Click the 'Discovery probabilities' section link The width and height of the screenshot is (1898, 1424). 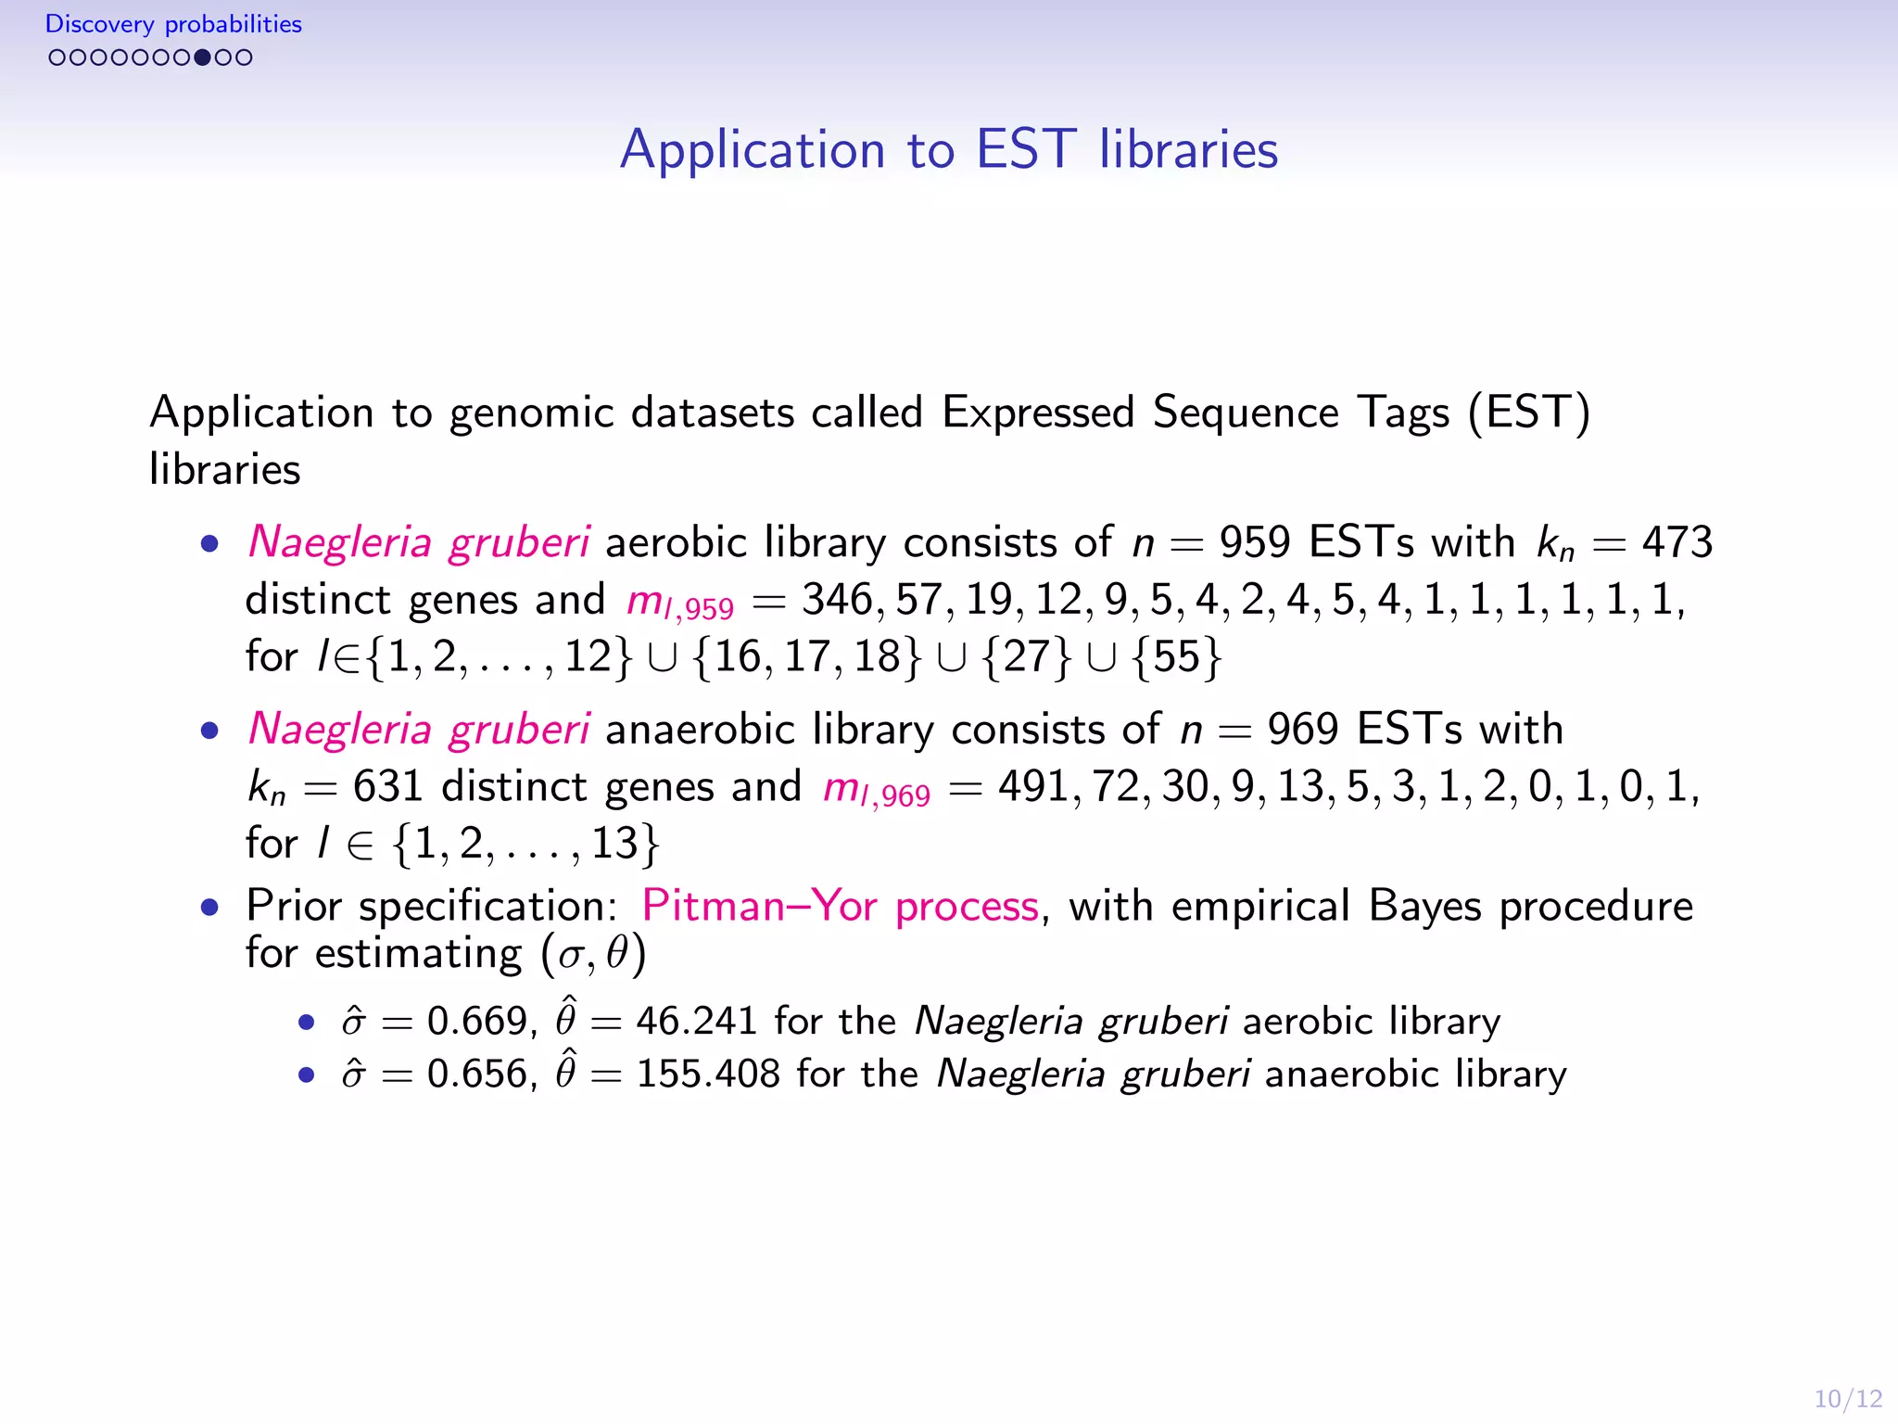173,24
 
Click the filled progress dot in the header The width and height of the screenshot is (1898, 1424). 202,57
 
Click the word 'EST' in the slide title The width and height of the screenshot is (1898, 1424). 1026,149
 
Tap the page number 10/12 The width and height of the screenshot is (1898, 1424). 1847,1398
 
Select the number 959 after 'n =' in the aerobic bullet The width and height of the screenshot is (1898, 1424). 1254,542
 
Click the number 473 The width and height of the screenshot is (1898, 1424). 1677,542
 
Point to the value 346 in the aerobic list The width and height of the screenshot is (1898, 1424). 836,600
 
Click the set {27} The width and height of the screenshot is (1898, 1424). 1026,657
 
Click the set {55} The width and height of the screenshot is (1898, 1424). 1177,657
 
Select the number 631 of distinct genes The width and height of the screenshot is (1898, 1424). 387,787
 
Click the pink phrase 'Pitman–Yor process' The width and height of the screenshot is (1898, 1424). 840,906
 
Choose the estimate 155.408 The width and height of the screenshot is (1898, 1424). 708,1074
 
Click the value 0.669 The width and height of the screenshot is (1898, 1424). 476,1021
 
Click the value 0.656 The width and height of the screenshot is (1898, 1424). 476,1074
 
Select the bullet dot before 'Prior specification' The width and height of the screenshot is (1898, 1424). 210,907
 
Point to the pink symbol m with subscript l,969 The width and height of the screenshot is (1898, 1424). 875,789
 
